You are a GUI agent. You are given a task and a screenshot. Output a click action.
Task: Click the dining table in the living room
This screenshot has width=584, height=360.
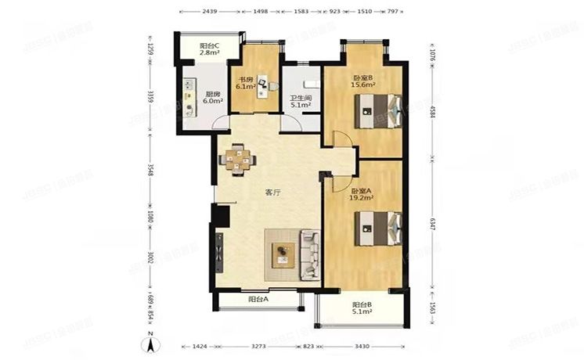[240, 159]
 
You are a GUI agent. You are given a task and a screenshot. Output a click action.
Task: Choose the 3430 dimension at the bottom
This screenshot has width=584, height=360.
[362, 344]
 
